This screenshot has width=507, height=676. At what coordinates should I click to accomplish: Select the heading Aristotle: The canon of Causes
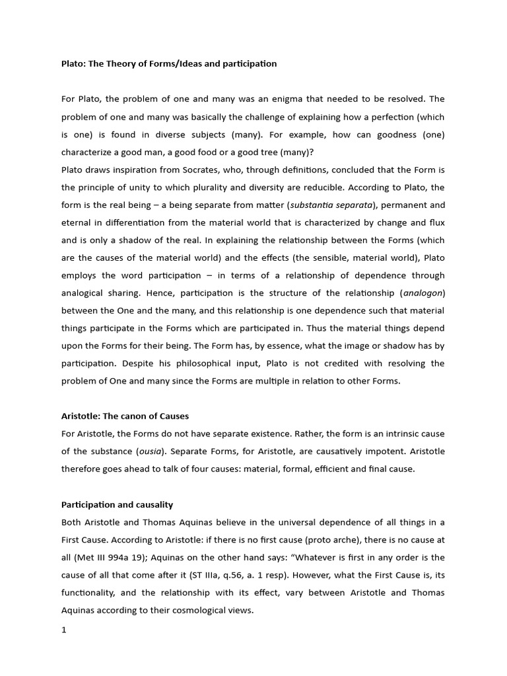point(125,416)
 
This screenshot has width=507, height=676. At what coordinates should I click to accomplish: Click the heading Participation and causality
point(117,504)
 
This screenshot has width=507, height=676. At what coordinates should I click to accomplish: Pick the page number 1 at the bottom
point(64,629)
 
